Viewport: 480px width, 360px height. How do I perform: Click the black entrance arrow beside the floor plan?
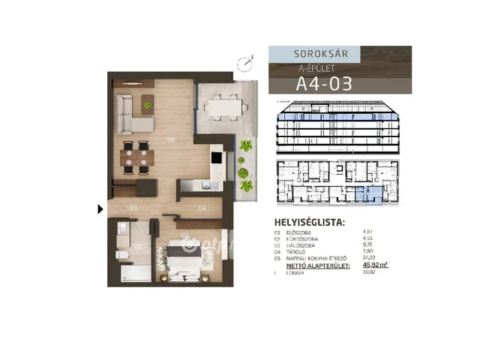(x=100, y=209)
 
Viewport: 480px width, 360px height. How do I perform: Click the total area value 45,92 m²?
(x=375, y=264)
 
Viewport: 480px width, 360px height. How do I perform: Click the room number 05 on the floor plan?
(x=172, y=139)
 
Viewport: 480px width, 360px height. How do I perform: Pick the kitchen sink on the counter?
(x=202, y=185)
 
